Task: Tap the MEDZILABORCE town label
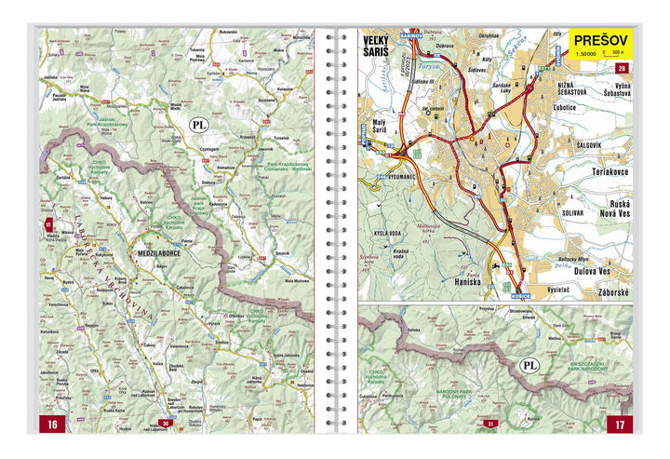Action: pyautogui.click(x=157, y=251)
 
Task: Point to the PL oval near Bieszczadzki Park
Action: pyautogui.click(x=529, y=366)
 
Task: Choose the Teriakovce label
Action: pyautogui.click(x=604, y=173)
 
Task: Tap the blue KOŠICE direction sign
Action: pyautogui.click(x=500, y=294)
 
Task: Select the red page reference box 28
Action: pyautogui.click(x=622, y=67)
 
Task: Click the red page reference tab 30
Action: pyautogui.click(x=164, y=425)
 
